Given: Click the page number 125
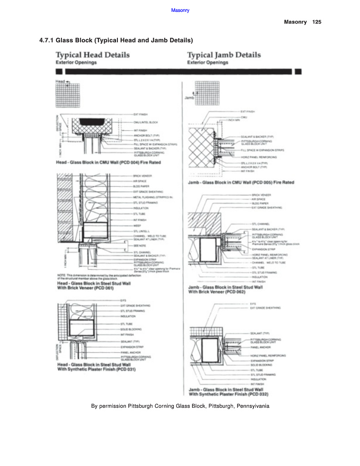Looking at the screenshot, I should [317, 22].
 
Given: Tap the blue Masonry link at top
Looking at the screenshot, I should [180, 10].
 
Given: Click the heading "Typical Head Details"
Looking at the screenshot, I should [92, 55].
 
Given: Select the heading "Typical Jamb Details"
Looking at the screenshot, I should [224, 55].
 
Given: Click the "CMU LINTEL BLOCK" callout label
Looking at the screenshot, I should [146, 122].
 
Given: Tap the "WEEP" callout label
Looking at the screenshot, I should [137, 225].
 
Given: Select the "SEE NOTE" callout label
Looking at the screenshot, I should [139, 245].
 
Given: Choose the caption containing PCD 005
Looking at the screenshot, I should [241, 182].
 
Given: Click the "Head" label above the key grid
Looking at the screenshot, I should [61, 81].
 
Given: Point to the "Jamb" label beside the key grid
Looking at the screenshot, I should [189, 97].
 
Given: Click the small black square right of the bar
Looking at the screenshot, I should [298, 71].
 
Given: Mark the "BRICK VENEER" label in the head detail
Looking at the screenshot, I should [142, 175].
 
